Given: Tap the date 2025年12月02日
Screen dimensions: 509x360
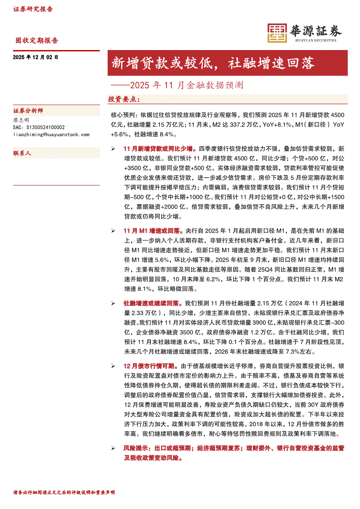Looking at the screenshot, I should pyautogui.click(x=35, y=57).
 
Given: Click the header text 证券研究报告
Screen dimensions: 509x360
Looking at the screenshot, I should pyautogui.click(x=33, y=9).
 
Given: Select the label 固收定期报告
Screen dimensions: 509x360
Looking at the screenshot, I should pyautogui.click(x=37, y=40).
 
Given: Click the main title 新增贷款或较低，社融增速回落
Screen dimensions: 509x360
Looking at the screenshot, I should pyautogui.click(x=213, y=64).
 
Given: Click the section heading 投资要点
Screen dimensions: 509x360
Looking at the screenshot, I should pyautogui.click(x=124, y=100).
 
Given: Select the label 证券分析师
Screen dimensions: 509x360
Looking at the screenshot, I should pyautogui.click(x=28, y=111).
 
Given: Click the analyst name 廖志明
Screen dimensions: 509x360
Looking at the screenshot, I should pyautogui.click(x=21, y=120).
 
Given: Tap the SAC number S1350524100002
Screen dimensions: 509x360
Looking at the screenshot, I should pyautogui.click(x=39, y=127).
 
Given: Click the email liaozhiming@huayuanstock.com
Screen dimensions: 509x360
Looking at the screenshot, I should pyautogui.click(x=51, y=135).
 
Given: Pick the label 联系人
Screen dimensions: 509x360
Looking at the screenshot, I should pyautogui.click(x=22, y=153).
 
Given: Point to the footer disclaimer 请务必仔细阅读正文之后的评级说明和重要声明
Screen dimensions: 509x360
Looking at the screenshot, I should pyautogui.click(x=64, y=492).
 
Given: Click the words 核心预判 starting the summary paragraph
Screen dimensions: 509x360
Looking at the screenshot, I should pyautogui.click(x=124, y=115).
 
